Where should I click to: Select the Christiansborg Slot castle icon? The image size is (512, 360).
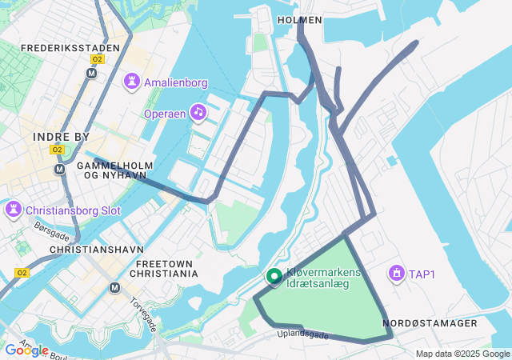[14, 210]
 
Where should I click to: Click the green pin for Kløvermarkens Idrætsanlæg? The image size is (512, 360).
[274, 277]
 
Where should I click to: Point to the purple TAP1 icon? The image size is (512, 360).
[395, 274]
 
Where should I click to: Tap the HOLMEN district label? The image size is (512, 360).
[299, 19]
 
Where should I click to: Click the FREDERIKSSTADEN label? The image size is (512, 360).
[70, 48]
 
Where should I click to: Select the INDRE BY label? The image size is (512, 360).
[62, 137]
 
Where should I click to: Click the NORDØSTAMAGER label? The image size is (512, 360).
[430, 323]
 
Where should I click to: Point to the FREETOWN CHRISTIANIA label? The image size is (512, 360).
[167, 268]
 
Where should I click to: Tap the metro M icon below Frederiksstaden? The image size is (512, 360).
[91, 73]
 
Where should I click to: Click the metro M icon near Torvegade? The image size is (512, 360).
[114, 288]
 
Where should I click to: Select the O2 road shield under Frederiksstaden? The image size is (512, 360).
[98, 59]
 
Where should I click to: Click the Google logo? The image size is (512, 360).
[26, 350]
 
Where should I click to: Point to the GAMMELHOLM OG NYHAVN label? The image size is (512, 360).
[110, 170]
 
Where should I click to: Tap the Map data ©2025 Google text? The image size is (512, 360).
[462, 354]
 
